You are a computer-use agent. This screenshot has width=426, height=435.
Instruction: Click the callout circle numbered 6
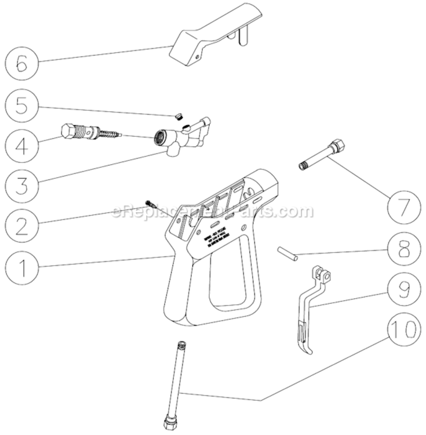click(21, 62)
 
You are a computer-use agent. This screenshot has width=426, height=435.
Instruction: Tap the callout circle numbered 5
click(21, 106)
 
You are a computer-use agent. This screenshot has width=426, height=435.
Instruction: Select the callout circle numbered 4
click(21, 144)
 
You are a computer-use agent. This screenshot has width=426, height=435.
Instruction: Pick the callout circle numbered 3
click(21, 184)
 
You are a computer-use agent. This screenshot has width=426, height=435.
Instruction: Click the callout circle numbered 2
click(21, 225)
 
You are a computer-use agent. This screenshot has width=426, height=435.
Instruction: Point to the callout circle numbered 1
click(21, 267)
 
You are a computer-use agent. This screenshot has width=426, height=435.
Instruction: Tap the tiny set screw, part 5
click(178, 116)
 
